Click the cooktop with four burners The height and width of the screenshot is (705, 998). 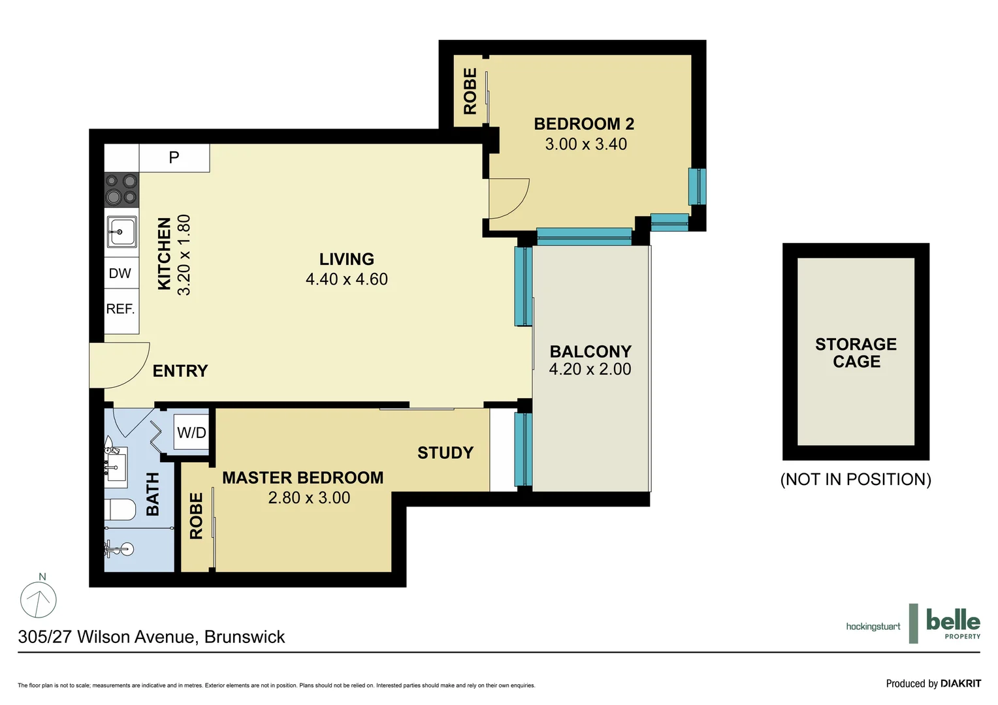point(121,189)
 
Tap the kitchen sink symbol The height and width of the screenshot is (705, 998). point(121,232)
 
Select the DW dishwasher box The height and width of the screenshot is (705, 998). point(120,274)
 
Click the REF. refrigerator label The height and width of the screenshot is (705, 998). point(121,309)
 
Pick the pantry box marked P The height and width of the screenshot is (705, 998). point(174,157)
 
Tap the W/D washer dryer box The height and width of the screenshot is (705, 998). point(191,432)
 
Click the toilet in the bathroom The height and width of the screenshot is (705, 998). point(120,509)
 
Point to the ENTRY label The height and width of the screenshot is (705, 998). point(180,371)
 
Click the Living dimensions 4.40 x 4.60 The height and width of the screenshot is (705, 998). point(347,279)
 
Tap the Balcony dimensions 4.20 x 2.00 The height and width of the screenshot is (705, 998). point(590,369)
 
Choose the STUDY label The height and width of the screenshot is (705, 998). point(445,452)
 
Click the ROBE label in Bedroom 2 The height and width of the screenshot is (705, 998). point(470,91)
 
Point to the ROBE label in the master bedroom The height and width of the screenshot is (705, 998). point(196,516)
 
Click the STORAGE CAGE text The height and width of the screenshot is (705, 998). point(856,352)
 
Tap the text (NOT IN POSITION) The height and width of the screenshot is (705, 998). point(856,479)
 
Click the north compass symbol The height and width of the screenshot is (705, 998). point(39,599)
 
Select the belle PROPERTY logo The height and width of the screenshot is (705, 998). point(952,623)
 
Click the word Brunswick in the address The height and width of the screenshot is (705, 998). point(245,637)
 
